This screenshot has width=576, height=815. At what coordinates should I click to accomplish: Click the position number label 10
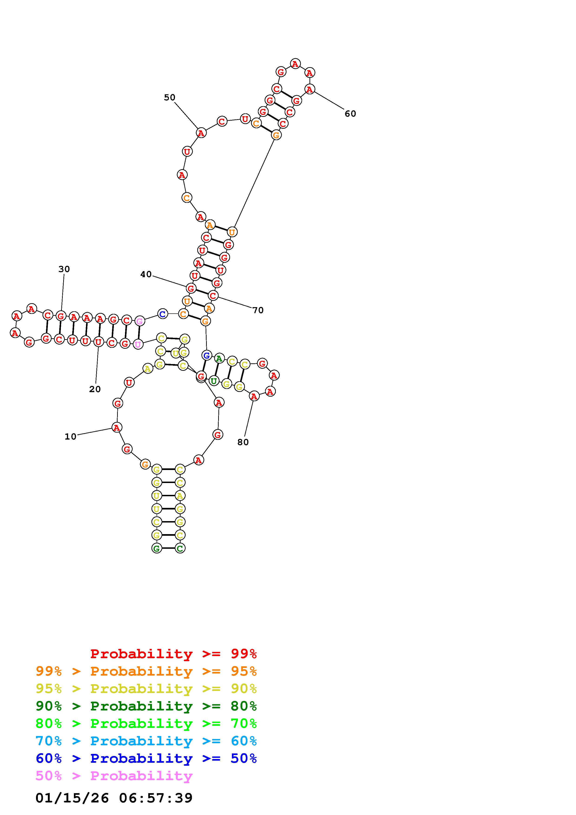[x=70, y=437]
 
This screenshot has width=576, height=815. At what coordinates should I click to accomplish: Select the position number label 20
[x=95, y=389]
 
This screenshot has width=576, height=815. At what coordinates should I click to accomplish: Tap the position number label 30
[x=64, y=269]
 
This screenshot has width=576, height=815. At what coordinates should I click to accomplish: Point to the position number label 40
[x=146, y=274]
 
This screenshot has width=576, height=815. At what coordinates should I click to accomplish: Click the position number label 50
[x=170, y=97]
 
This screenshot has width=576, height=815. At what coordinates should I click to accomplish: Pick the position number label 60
[x=350, y=114]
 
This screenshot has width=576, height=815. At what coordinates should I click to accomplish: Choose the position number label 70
[x=258, y=310]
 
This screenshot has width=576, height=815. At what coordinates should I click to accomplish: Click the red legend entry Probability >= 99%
[x=174, y=654]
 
